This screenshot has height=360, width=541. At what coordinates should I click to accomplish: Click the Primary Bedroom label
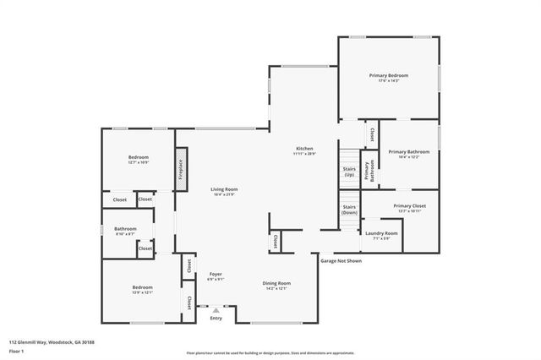click(388, 75)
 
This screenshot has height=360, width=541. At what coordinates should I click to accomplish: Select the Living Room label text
click(224, 189)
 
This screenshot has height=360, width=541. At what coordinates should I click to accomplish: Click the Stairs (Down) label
click(349, 209)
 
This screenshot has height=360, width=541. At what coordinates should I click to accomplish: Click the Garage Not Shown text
click(341, 261)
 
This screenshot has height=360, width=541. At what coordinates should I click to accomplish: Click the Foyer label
click(216, 275)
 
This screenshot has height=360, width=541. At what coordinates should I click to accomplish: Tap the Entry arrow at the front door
click(216, 310)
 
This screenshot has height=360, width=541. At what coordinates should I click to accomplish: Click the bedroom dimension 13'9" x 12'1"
click(141, 293)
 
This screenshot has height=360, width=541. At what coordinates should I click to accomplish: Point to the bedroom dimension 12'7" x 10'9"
click(139, 162)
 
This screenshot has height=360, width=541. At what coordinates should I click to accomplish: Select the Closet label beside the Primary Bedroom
click(372, 134)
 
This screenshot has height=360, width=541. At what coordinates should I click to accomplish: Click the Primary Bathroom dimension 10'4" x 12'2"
click(409, 157)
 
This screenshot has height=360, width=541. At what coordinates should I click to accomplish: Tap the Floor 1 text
click(17, 349)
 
